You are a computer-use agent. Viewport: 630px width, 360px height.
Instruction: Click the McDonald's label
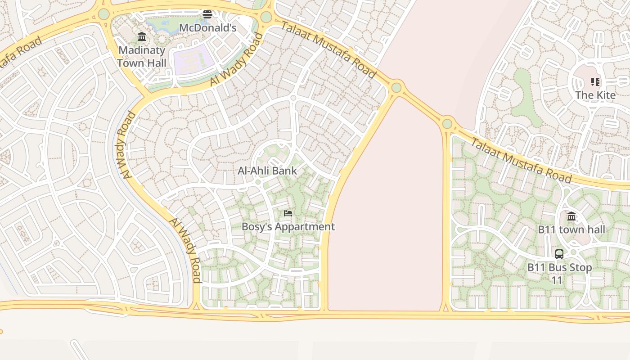point(207,28)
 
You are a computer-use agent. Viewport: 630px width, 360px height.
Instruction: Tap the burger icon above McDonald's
point(207,14)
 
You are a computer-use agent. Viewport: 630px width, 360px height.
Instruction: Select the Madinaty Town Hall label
point(142,57)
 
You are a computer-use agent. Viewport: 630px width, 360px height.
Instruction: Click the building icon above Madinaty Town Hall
point(142,36)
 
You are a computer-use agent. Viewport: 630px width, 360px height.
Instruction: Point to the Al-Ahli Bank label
point(267,171)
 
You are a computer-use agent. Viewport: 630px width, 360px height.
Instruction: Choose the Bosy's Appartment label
point(288,226)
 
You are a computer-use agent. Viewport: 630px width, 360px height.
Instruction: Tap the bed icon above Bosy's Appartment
point(288,213)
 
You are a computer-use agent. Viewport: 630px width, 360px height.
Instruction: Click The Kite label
point(595,95)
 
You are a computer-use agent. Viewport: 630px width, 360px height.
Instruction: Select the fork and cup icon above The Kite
point(595,82)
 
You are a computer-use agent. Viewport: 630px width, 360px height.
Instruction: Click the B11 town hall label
point(571,229)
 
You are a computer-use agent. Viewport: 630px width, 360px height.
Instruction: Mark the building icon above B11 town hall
point(571,216)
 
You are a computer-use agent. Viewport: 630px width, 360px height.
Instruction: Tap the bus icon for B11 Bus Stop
point(559,254)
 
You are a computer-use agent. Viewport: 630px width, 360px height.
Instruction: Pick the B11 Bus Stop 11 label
point(559,274)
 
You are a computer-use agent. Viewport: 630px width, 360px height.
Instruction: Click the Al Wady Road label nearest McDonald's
point(236,60)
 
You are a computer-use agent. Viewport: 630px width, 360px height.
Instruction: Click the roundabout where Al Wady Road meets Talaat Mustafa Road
point(266,17)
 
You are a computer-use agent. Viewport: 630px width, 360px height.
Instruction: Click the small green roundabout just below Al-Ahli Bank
point(257,182)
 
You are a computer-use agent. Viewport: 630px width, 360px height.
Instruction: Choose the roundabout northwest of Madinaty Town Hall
point(104,14)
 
